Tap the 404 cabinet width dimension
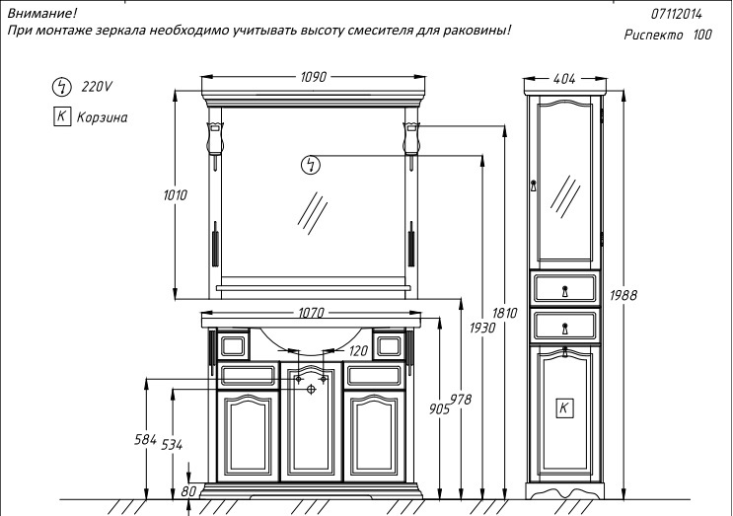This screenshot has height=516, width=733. pyautogui.click(x=564, y=77)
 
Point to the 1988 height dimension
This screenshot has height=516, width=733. pyautogui.click(x=623, y=295)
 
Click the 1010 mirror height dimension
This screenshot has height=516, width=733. pyautogui.click(x=175, y=195)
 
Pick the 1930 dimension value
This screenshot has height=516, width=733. pyautogui.click(x=481, y=327)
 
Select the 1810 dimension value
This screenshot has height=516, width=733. pyautogui.click(x=505, y=314)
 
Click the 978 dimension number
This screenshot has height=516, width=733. pyautogui.click(x=461, y=399)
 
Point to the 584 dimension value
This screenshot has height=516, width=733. pyautogui.click(x=145, y=438)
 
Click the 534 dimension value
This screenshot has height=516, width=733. pyautogui.click(x=171, y=445)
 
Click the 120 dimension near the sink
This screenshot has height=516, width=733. pyautogui.click(x=358, y=350)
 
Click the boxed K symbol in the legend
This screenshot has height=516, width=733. pyautogui.click(x=61, y=116)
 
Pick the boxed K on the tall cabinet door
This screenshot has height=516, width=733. pyautogui.click(x=564, y=407)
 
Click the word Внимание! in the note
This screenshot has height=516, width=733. pyautogui.click(x=40, y=13)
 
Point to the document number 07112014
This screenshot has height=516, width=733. pyautogui.click(x=677, y=14)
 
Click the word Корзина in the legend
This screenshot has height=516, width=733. pyautogui.click(x=102, y=117)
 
